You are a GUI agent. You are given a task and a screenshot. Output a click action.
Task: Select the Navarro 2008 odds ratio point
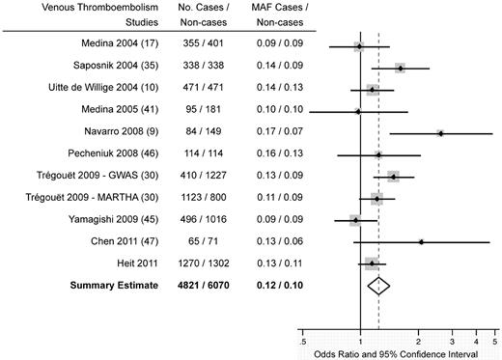440,132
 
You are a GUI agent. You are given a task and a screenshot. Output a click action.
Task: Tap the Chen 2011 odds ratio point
421,241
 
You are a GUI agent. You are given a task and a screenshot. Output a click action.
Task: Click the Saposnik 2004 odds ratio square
400,68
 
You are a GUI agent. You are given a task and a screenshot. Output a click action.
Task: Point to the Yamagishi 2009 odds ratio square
355,219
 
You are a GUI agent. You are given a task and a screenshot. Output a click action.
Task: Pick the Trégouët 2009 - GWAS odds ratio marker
393,177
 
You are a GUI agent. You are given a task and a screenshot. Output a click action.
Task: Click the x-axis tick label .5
304,341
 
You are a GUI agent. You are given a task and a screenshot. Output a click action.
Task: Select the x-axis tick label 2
418,341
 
